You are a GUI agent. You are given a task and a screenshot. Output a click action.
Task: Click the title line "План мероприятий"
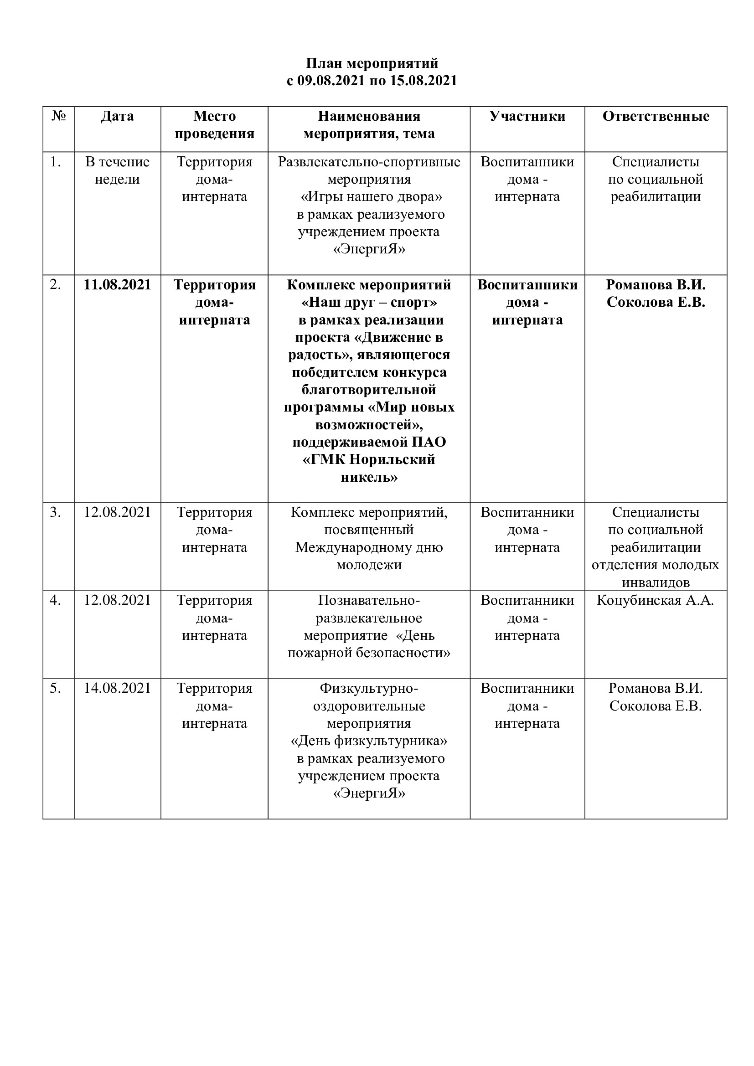pos(372,63)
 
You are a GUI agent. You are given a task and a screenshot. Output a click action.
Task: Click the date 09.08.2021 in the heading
pos(331,81)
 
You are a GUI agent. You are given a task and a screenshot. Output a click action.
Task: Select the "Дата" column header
pos(118,116)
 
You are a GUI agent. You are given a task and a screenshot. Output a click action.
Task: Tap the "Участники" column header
pos(527,116)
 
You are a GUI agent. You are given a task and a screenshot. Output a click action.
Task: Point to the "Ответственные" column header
pos(656,116)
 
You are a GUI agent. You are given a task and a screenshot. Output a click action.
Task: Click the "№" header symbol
pos(58,116)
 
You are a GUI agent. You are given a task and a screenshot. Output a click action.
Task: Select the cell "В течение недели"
pos(118,170)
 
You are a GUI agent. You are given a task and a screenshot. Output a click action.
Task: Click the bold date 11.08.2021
pos(118,284)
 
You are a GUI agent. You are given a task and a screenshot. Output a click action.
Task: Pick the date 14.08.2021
pos(118,688)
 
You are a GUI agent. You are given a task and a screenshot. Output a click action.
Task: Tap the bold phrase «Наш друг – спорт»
pos(369,302)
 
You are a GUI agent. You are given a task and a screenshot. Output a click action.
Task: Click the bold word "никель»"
pos(369,477)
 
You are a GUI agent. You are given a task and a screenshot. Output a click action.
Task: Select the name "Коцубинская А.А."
pos(655,600)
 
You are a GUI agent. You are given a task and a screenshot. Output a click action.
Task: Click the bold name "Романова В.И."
pos(656,284)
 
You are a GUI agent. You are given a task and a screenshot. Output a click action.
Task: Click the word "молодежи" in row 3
pos(369,565)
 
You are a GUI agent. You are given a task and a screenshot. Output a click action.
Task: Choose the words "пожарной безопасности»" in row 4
pos(369,653)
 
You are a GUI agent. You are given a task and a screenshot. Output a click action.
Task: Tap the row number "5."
pos(56,688)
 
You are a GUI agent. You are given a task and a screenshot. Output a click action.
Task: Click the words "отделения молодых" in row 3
pos(655,565)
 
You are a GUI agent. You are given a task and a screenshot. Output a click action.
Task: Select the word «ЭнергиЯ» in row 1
pos(369,249)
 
